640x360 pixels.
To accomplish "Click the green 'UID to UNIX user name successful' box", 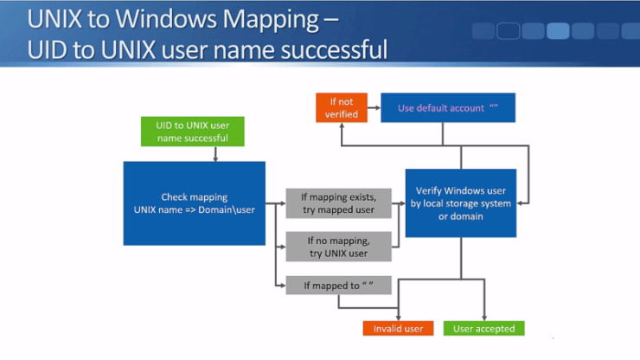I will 192,132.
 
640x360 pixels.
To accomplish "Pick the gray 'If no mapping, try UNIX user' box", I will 337,246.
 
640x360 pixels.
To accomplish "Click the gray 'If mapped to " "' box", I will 337,285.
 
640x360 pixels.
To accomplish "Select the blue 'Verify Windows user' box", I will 461,202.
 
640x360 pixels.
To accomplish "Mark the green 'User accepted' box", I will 483,329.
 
